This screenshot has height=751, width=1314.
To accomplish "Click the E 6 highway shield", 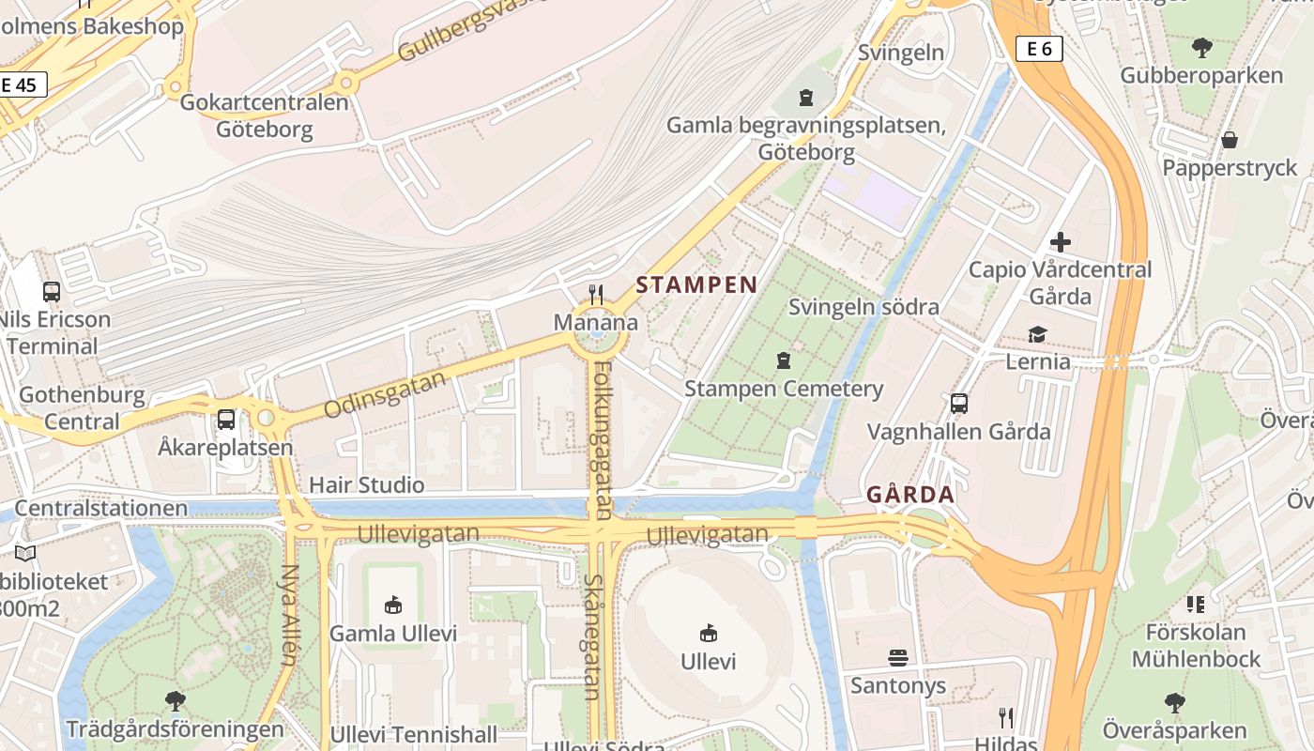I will tap(1039, 49).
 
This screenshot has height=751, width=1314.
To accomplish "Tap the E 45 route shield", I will tap(19, 84).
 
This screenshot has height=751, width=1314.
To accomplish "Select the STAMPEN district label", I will tap(696, 285).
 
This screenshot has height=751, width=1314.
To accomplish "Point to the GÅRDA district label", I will tap(909, 494).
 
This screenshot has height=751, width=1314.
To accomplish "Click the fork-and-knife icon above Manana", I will tap(595, 295).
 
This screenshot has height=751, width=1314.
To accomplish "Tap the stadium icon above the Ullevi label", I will tap(709, 634).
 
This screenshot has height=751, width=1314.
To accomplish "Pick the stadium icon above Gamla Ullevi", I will tap(393, 605).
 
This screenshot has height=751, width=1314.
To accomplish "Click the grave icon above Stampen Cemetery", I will tap(783, 360).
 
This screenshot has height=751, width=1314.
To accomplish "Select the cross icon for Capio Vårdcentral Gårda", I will tap(1060, 242).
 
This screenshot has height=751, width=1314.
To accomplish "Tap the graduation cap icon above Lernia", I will tap(1037, 334).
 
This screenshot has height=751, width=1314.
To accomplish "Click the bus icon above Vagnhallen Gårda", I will tap(958, 404).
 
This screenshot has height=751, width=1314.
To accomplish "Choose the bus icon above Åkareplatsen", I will tap(226, 420).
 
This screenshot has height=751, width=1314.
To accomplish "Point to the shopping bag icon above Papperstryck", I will tap(1229, 141).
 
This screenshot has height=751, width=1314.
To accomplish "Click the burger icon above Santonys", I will tap(898, 658).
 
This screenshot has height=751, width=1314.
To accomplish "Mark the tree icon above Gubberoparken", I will tap(1201, 48).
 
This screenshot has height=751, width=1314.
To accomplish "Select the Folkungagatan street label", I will tap(602, 440).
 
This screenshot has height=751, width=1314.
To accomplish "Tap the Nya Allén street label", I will tap(288, 614).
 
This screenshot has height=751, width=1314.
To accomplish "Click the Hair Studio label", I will tap(366, 485).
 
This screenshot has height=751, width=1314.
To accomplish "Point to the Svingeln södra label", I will tap(863, 307).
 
